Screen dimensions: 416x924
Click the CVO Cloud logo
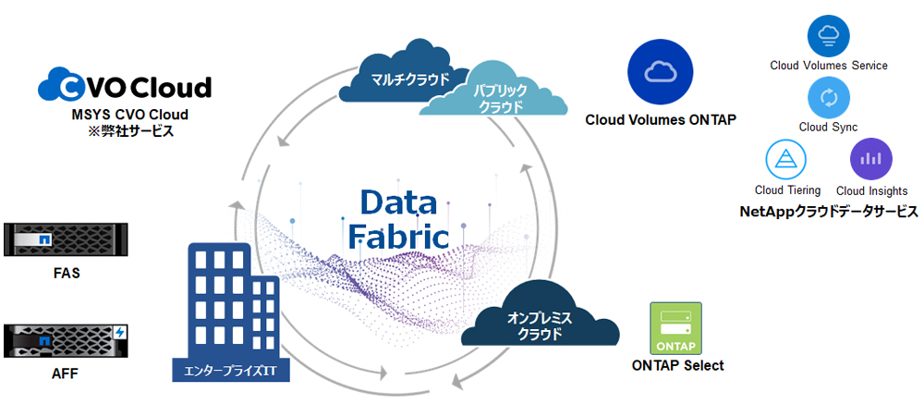125,87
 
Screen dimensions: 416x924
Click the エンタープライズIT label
231,373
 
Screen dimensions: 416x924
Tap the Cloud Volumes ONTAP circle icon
660,72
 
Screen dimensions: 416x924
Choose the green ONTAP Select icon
676,328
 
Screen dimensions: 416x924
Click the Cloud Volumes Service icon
828,36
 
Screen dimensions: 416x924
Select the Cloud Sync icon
828,97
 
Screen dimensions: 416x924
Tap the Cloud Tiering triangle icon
786,159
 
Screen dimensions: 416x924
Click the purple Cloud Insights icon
869,159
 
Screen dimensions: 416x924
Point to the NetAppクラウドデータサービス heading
829,212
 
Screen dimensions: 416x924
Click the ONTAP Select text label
677,365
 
